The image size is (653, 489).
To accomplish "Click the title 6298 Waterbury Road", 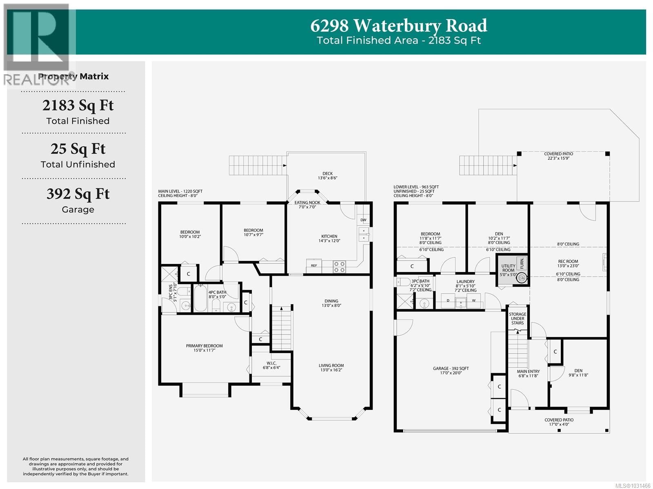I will [x=398, y=26].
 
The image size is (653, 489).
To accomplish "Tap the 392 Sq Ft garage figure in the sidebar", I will [x=78, y=193].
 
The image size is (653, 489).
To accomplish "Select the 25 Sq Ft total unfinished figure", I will [x=78, y=149].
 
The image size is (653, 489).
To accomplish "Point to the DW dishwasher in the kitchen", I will [x=363, y=220].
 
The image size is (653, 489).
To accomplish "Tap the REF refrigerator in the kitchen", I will [x=314, y=266].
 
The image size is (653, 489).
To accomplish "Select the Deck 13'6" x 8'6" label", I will [x=327, y=176].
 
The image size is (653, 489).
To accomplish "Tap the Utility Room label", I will [x=508, y=268].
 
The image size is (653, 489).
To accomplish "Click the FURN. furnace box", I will [x=522, y=263].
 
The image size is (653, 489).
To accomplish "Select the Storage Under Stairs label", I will [x=517, y=319].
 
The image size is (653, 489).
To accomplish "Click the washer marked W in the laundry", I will [x=474, y=301].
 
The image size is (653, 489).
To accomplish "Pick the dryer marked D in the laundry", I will [x=448, y=301].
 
